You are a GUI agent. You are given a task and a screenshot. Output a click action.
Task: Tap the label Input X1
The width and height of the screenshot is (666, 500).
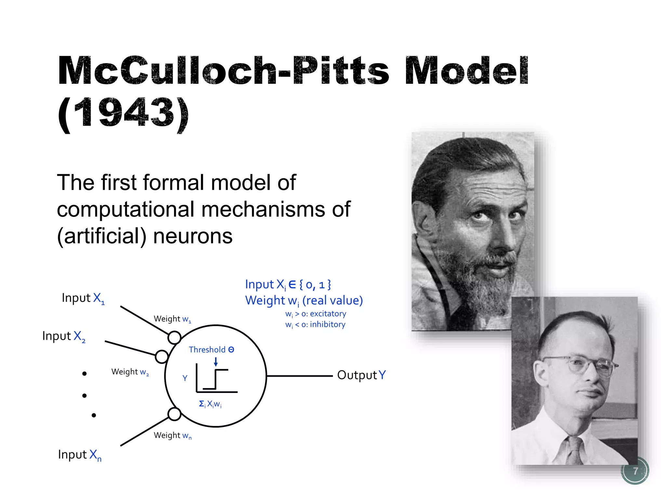[83, 298]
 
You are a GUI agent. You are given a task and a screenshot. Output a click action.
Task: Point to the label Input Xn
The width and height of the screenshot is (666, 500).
[80, 455]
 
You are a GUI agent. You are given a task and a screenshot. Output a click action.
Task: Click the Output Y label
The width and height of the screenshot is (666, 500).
[361, 375]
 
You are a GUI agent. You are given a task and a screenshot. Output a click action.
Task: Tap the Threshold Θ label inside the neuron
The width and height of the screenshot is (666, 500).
[211, 350]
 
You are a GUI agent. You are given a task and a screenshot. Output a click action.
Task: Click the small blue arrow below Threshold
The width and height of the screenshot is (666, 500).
[216, 362]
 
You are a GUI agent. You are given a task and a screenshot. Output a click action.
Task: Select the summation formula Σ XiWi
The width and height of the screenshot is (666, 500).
[210, 404]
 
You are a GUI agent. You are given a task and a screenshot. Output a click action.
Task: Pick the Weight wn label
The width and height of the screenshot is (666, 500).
[172, 436]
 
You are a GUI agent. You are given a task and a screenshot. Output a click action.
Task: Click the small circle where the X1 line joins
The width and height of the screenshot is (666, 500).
[174, 338]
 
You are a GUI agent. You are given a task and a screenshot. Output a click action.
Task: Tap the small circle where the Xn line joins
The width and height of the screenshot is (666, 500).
[174, 414]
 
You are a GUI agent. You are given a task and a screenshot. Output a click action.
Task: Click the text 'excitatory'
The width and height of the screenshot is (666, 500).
[328, 314]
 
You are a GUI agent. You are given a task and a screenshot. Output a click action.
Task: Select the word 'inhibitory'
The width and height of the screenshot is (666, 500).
[327, 325]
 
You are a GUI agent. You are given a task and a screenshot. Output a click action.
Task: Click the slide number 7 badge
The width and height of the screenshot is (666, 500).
[635, 471]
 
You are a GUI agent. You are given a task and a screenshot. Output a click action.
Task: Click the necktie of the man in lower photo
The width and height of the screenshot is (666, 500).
[575, 451]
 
